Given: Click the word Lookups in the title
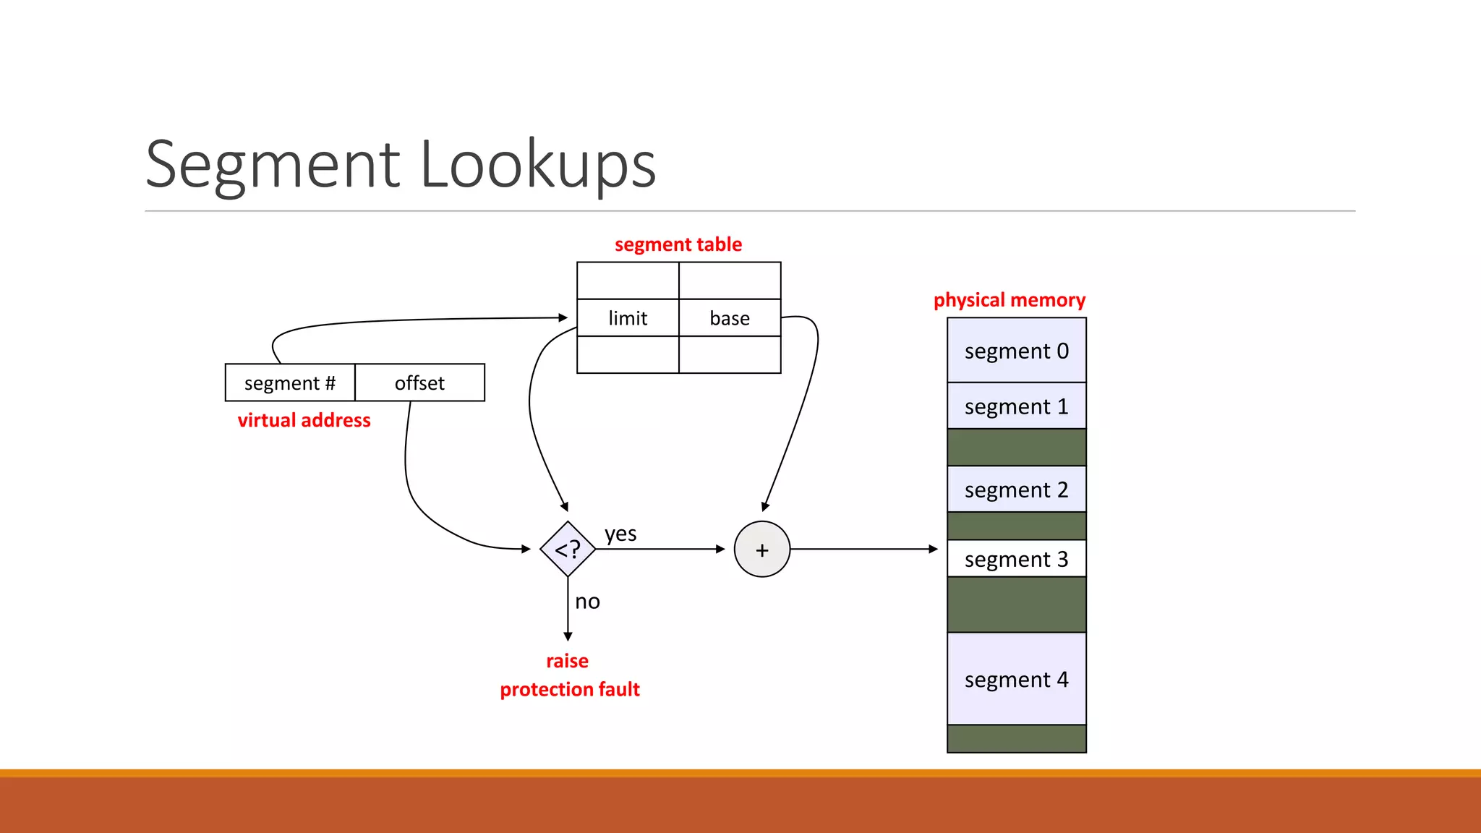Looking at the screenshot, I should pos(537,165).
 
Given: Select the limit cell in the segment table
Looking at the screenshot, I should pos(628,318).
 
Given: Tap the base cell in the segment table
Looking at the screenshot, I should pos(730,318).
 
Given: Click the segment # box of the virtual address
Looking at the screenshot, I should pos(290,383).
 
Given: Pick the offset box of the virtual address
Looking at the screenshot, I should pos(419,383).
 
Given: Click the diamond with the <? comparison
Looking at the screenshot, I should pos(568,550).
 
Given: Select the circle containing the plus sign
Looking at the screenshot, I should pos(761,550).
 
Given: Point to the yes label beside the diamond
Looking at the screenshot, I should pos(620,534).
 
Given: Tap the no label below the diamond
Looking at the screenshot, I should pos(587,602).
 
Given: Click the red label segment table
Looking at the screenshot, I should pos(678,244).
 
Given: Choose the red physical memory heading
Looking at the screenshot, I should pos(1009,300).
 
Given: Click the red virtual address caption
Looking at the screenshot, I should pos(304,420).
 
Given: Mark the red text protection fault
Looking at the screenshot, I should pos(570,689).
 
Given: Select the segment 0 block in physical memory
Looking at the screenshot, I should pos(1016,351).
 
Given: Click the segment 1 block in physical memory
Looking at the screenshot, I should pos(1016,406).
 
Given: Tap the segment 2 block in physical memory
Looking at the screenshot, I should pos(1016,490).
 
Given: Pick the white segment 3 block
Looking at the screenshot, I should pos(1016,559).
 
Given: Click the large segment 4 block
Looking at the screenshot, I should pos(1016,679).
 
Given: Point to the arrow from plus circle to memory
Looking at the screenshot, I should pos(864,550).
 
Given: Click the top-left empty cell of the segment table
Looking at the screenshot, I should pos(628,281).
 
